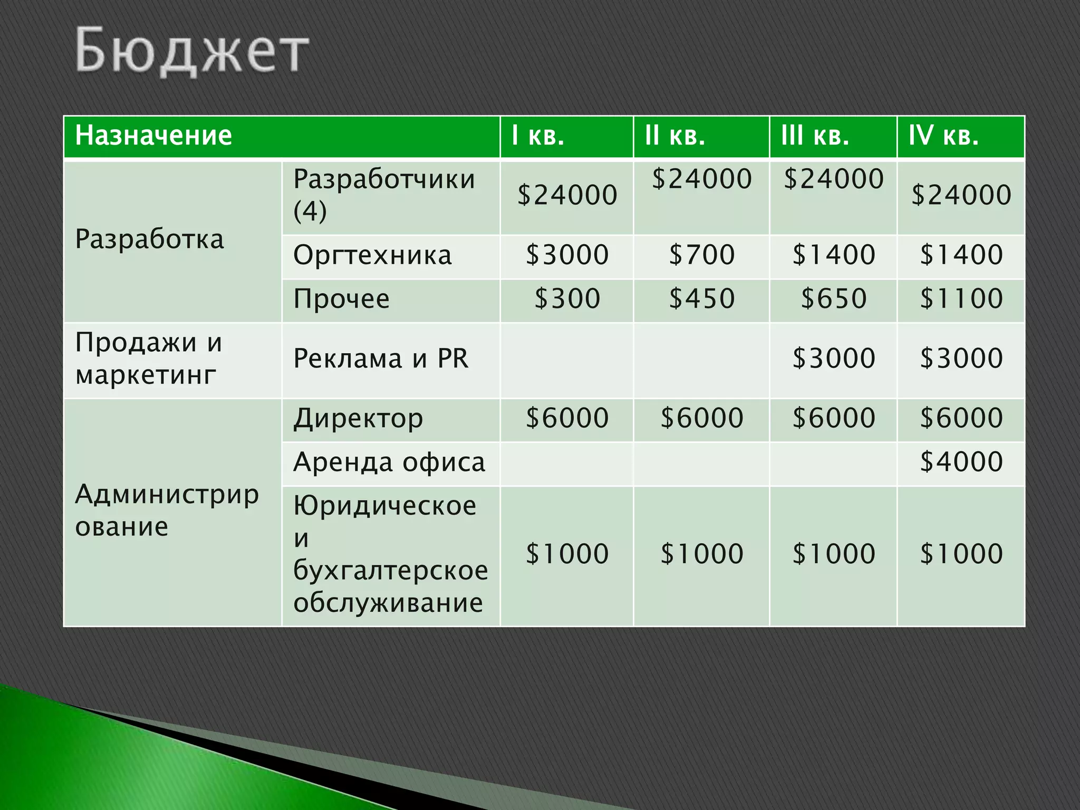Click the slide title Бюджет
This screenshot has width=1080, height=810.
192,51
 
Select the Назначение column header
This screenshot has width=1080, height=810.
153,136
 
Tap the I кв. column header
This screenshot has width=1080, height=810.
538,136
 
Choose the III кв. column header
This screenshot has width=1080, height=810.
815,136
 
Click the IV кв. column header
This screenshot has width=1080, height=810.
943,136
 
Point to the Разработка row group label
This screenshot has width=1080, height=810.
150,239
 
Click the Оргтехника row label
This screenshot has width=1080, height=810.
372,255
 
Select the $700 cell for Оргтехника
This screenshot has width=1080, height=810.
702,255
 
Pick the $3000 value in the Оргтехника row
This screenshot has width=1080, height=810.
567,255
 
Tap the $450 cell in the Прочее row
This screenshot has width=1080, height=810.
702,299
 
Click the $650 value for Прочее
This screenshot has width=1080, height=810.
834,299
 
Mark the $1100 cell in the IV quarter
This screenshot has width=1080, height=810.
961,299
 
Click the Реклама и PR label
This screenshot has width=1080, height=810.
381,359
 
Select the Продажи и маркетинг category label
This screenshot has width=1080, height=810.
149,359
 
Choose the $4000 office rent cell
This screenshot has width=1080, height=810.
961,462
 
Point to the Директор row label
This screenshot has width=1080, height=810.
358,419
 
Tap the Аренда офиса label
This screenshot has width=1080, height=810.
389,462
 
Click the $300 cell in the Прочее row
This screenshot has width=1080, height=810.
567,299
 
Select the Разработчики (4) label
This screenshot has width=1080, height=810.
384,195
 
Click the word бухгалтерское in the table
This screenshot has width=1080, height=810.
391,571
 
